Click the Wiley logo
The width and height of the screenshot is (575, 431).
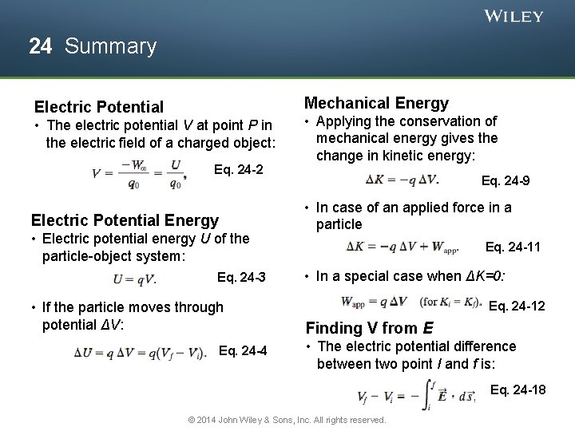(514, 16)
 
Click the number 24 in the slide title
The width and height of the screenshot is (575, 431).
(41, 46)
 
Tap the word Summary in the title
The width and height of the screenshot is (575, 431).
(110, 46)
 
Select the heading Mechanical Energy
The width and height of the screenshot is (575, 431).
(376, 103)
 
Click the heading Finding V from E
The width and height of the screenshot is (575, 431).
(370, 328)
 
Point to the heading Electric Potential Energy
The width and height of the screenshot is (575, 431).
(125, 220)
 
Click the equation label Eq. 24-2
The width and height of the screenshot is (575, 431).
(239, 169)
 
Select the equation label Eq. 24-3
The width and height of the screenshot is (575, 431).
(241, 278)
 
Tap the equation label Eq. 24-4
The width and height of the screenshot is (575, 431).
(243, 351)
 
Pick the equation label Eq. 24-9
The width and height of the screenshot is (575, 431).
(506, 181)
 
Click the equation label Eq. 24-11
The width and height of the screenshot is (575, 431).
(513, 247)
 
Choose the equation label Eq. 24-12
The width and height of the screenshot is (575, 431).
(517, 306)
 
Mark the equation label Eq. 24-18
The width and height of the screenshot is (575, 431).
(518, 389)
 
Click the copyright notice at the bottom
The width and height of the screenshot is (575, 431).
(287, 420)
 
